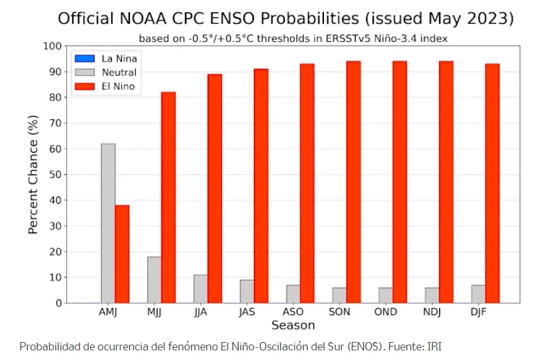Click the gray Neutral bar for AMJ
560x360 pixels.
coord(108,223)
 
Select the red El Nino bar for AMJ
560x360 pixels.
coord(122,254)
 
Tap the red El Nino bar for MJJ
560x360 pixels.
coord(168,197)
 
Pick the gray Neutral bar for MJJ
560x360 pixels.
coord(154,280)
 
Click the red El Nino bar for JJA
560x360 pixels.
coord(215,188)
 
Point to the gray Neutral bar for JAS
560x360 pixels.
coord(247,291)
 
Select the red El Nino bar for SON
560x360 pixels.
coord(354,182)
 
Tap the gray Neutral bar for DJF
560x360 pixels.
coord(478,294)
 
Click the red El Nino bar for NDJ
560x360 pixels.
coord(446,182)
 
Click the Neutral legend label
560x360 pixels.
coord(119,72)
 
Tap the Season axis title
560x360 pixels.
coord(293,325)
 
